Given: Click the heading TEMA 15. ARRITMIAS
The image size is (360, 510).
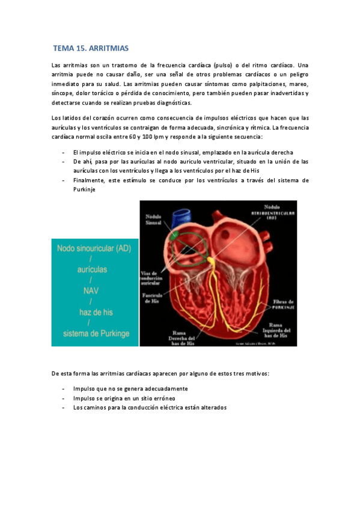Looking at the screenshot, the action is coord(91,48).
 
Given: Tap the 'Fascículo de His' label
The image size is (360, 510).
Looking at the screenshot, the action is coord(150,299).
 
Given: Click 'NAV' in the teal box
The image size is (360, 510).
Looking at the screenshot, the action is coord(90,291).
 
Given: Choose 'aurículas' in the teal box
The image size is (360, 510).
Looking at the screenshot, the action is coord(90,269).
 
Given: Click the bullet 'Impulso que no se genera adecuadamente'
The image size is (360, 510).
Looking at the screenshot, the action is coord(130,389).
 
